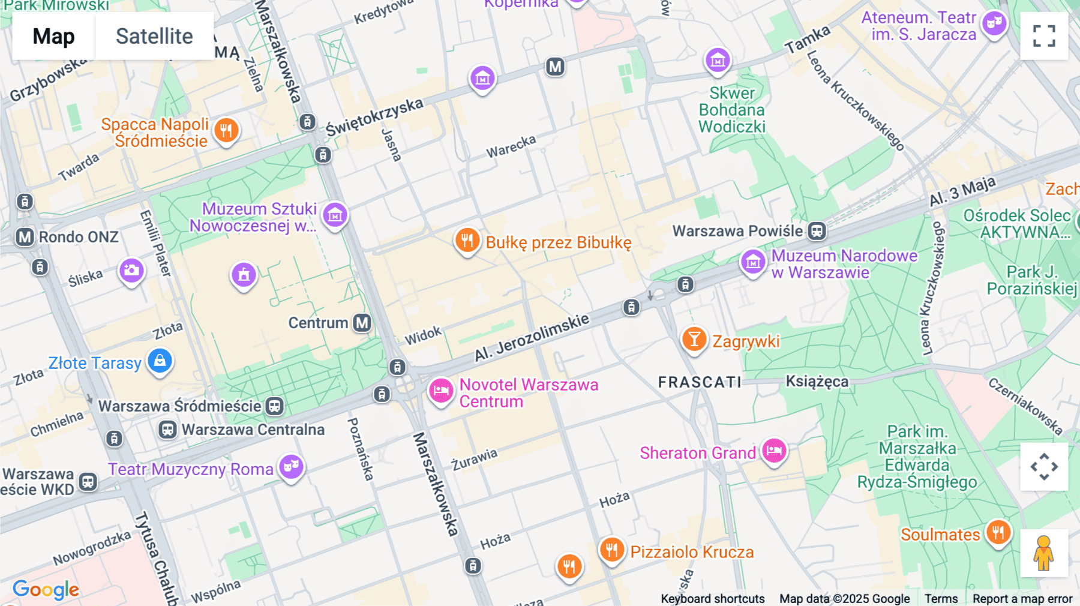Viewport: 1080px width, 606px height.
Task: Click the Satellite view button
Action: tap(154, 36)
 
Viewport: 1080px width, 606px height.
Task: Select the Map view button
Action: tap(53, 36)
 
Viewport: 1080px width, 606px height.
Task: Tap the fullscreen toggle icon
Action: tap(1044, 36)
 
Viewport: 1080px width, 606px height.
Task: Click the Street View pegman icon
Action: tap(1043, 553)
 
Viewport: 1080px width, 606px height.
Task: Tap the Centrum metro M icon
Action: tap(362, 323)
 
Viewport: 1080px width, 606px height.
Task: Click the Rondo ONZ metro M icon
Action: tap(25, 237)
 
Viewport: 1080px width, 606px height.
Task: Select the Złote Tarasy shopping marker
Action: tap(160, 361)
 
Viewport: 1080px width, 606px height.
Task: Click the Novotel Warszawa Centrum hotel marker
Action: tap(441, 391)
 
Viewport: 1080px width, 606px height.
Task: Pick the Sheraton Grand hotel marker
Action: tap(774, 451)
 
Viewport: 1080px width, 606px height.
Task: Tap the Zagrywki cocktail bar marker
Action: tap(694, 339)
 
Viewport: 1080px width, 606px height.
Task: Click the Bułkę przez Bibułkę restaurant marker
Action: tap(467, 241)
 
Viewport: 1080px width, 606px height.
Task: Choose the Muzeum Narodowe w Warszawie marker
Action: tap(753, 262)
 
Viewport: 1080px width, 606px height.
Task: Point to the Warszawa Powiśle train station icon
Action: tap(817, 231)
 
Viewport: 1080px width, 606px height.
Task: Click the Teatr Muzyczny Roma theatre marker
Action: tap(292, 466)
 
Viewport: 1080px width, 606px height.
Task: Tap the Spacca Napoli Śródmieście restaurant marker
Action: tap(226, 130)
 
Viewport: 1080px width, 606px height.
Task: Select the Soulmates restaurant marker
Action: tap(998, 532)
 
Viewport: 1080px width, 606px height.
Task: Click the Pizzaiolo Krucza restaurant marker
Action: tap(611, 549)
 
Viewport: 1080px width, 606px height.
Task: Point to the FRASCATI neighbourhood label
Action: tap(700, 382)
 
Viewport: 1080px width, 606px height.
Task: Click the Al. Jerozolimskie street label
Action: tap(532, 337)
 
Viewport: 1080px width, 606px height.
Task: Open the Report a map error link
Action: tap(1022, 598)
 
